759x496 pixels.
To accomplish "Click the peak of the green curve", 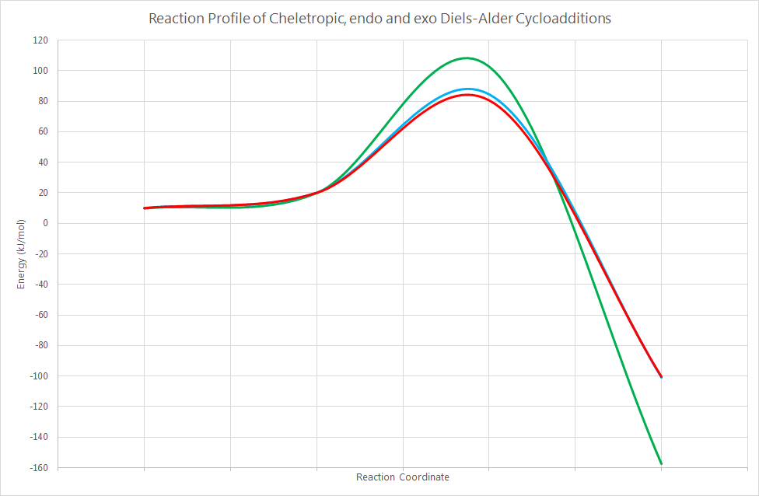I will pyautogui.click(x=467, y=58).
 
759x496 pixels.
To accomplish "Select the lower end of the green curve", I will pyautogui.click(x=661, y=464).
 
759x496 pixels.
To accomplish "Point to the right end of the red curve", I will pyautogui.click(x=661, y=377).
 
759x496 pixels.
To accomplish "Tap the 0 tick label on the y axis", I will pyautogui.click(x=46, y=223).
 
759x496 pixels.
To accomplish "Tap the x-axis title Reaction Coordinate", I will pyautogui.click(x=402, y=477).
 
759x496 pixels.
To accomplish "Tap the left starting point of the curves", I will pyautogui.click(x=145, y=208).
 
